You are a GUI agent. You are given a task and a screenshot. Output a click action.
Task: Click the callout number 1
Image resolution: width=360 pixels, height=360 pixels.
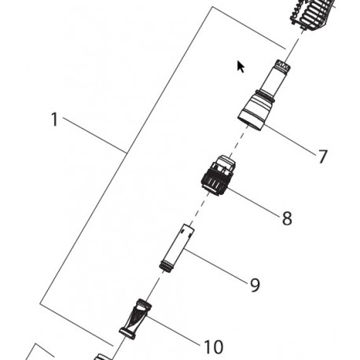pos(54,119)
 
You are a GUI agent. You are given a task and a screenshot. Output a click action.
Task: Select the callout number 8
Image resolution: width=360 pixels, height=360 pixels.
pos(287,218)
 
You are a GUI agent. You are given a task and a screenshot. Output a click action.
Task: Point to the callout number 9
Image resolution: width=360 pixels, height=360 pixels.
pos(255,285)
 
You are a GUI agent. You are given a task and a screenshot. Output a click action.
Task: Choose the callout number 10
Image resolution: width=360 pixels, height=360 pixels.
pos(213,347)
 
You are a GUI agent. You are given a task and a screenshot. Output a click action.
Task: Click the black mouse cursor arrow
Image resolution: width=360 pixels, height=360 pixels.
pos(241,67)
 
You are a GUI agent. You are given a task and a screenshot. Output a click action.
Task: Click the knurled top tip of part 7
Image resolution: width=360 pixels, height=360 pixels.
pos(283,65)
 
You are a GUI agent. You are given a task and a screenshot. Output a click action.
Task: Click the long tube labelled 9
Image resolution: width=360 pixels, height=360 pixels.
pos(177,248)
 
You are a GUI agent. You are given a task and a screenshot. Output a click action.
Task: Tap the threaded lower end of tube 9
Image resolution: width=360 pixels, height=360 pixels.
pos(166,266)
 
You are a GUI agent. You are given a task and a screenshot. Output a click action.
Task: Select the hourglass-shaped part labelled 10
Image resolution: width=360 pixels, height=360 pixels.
pos(135,319)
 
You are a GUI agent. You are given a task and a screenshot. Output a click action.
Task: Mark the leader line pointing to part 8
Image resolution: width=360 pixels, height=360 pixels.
pos(254,202)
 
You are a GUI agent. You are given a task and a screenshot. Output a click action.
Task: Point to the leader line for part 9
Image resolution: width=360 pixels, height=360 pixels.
pos(215,266)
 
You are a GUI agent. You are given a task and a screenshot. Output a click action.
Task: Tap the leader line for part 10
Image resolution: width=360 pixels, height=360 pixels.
pos(174,330)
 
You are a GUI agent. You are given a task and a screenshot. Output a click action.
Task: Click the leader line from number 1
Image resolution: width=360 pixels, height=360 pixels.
pos(94,136)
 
